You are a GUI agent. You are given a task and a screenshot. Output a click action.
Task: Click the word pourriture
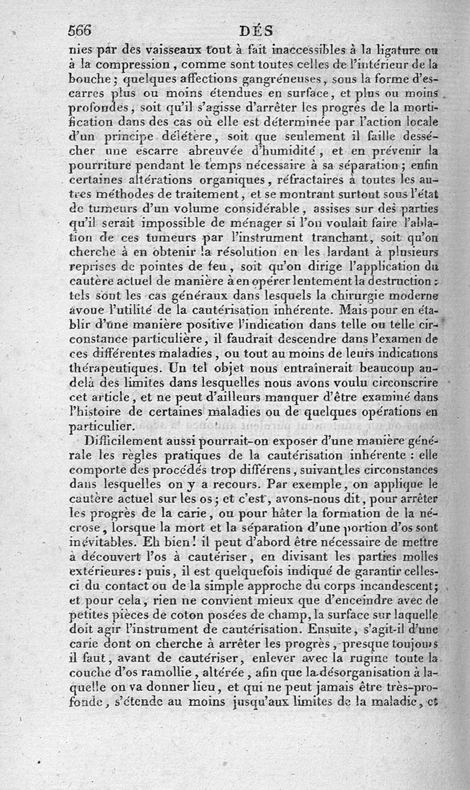97,166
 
